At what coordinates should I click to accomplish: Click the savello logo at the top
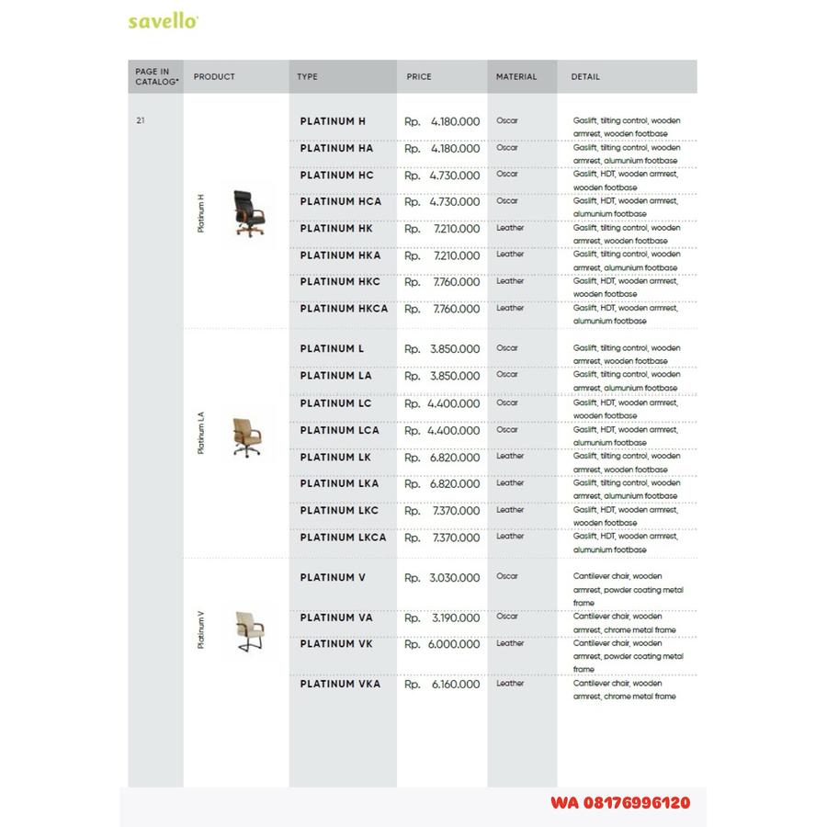point(163,21)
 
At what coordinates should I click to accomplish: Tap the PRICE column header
point(419,77)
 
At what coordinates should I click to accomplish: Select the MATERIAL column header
point(516,77)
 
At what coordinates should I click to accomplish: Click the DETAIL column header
point(585,77)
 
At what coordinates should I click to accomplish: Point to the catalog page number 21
point(140,120)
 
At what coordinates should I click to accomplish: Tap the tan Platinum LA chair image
point(246,433)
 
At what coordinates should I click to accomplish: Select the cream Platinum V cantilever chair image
point(249,630)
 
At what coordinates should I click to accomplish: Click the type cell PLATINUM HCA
point(340,202)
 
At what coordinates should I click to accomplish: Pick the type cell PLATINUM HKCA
point(344,310)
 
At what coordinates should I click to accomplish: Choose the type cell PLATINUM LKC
point(339,511)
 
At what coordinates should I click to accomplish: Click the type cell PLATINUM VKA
point(340,685)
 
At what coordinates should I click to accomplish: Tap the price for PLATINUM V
point(442,578)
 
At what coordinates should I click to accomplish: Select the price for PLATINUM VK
point(442,645)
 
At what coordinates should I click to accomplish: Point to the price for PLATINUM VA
point(442,618)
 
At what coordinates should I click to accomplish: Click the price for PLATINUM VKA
point(442,685)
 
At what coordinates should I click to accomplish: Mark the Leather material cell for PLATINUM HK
point(510,228)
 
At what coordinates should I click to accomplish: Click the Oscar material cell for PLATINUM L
point(507,348)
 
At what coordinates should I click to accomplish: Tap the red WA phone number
point(620,802)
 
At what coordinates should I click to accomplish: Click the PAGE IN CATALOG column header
point(153,77)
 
